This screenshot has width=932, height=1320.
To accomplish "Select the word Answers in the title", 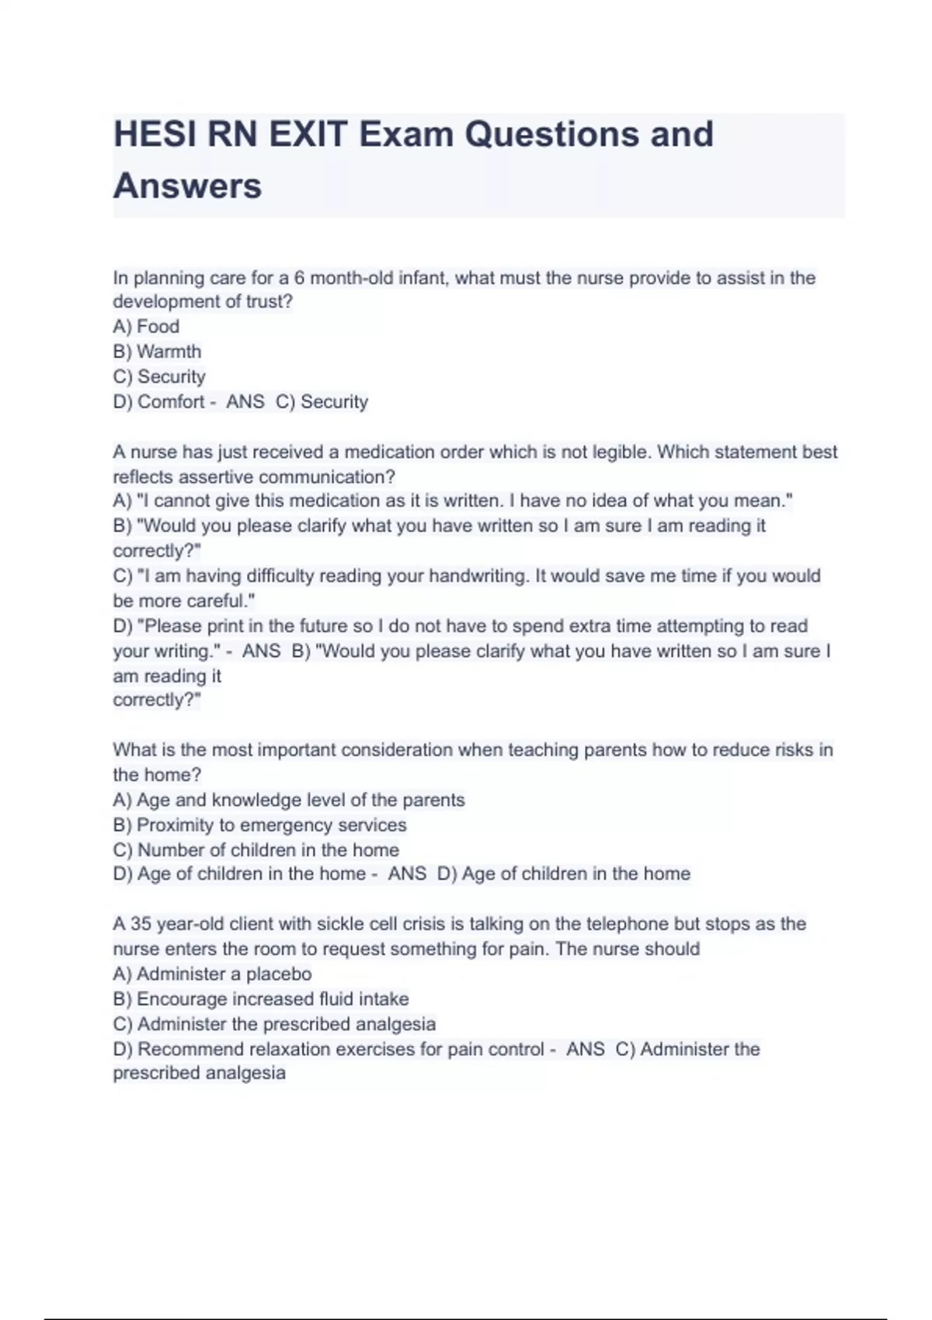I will click(x=187, y=186).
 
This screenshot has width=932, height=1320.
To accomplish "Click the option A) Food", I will click(x=146, y=327).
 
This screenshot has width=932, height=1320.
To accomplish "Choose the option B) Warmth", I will click(x=157, y=352).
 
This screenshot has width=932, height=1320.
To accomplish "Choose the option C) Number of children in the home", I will click(x=256, y=849).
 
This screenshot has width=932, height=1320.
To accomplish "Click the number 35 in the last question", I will click(x=141, y=924).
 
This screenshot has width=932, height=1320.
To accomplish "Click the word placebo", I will click(x=279, y=974).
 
